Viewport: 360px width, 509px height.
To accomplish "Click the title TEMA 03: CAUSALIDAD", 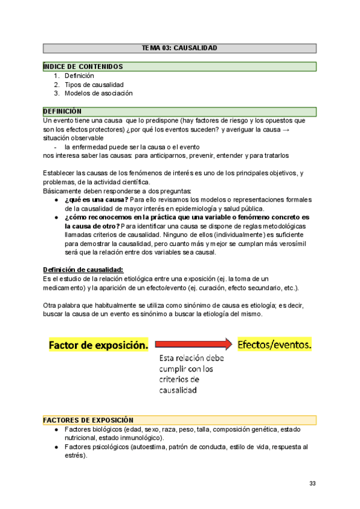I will [x=179, y=47].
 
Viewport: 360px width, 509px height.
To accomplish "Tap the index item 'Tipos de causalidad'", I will [x=94, y=85].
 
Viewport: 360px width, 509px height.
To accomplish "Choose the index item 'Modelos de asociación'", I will [x=98, y=93].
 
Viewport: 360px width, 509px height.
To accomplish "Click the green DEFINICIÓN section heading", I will [x=62, y=112].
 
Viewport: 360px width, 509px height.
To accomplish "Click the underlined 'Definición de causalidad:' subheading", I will [x=83, y=270].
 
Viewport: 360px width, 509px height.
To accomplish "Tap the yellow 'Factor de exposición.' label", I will [x=98, y=345].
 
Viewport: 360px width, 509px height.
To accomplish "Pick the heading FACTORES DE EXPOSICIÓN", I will [x=88, y=420].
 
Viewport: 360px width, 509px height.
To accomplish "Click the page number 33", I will [x=313, y=484].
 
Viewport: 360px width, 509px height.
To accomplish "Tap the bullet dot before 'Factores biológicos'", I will [x=56, y=430].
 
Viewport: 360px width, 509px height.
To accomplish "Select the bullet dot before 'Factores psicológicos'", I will [x=56, y=447].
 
